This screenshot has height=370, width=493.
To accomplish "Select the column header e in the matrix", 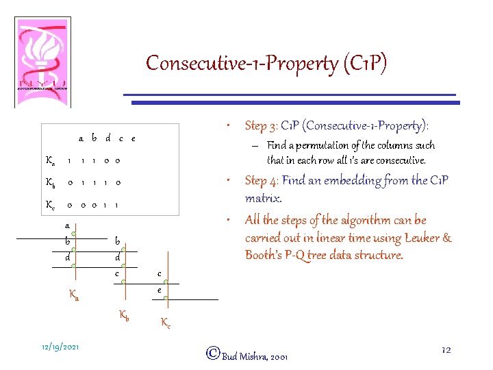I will [x=133, y=138].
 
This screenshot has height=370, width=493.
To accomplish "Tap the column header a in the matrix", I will [x=81, y=138].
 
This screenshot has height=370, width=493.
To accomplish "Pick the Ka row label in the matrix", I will [x=49, y=161].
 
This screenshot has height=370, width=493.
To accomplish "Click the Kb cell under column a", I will [x=69, y=183].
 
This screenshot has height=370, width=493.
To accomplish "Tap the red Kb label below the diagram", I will [x=125, y=316].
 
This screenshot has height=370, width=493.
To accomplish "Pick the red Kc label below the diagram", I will [x=166, y=323].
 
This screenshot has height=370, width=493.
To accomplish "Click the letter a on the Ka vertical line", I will [x=67, y=225].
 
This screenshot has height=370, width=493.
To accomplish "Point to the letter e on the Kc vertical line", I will [x=160, y=291].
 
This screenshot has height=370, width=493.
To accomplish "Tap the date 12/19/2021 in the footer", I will [x=60, y=347].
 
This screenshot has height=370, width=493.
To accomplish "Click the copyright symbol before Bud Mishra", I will [x=212, y=353].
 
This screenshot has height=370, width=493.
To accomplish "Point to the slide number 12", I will [x=446, y=350].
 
